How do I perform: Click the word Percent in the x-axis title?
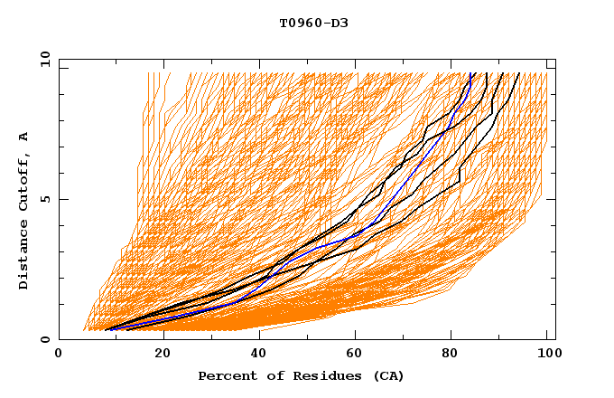click(226, 376)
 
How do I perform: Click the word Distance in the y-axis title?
click(24, 256)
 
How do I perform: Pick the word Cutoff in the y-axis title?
click(24, 185)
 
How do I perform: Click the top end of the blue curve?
click(471, 73)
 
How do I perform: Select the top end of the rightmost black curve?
click(518, 73)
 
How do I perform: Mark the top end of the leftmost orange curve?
click(148, 73)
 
